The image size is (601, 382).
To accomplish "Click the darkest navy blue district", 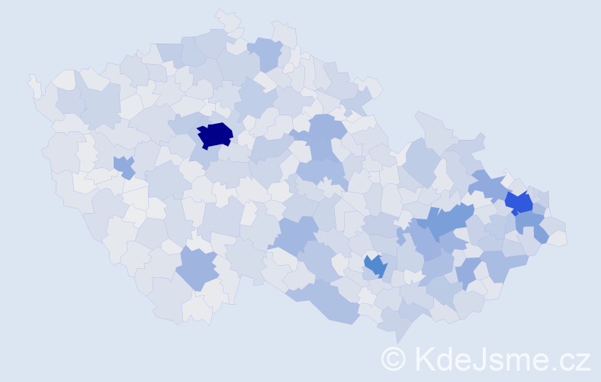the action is point(214,134).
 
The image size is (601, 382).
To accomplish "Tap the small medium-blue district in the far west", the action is point(123,165).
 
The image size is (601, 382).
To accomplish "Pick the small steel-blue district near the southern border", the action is point(375,266).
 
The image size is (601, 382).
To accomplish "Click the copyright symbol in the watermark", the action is point(394,358).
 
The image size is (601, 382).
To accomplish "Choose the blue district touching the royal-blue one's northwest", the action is point(487,185).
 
